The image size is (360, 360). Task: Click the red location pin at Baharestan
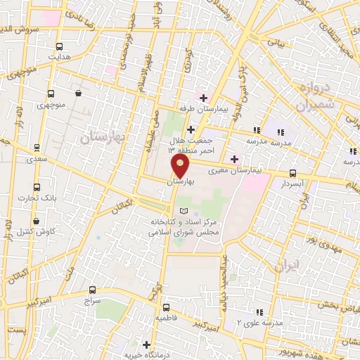181,167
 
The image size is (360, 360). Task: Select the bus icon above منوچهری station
51,93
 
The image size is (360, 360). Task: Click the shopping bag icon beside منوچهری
77,93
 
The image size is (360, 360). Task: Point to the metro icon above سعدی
37,148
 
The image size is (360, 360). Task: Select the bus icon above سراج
92,289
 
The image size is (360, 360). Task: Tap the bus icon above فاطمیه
166,307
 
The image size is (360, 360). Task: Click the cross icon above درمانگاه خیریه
146,345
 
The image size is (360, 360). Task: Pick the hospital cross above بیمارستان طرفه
204,98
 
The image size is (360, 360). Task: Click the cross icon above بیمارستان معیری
233,160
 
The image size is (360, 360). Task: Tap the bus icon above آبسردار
292,173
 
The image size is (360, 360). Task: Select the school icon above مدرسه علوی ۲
259,311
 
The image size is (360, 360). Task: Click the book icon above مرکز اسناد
184,211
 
